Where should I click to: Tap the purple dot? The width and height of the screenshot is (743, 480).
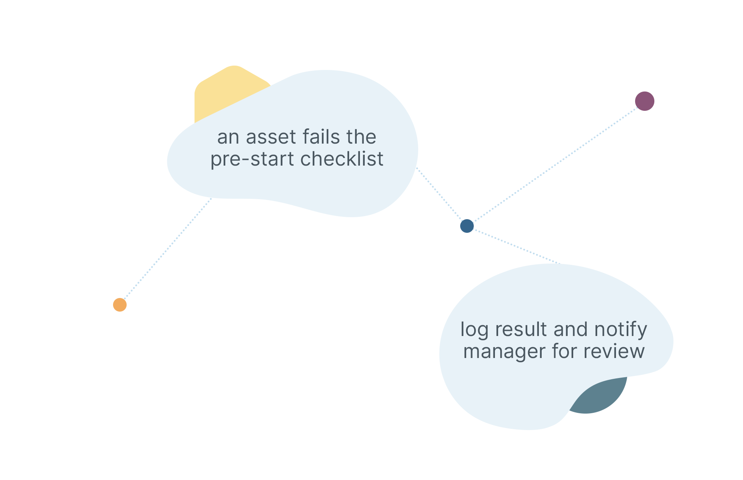[x=644, y=101]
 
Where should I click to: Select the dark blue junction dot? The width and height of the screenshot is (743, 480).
[x=467, y=226]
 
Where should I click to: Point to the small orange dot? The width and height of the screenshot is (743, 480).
[x=120, y=305]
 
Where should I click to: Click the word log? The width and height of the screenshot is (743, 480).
[x=475, y=330]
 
